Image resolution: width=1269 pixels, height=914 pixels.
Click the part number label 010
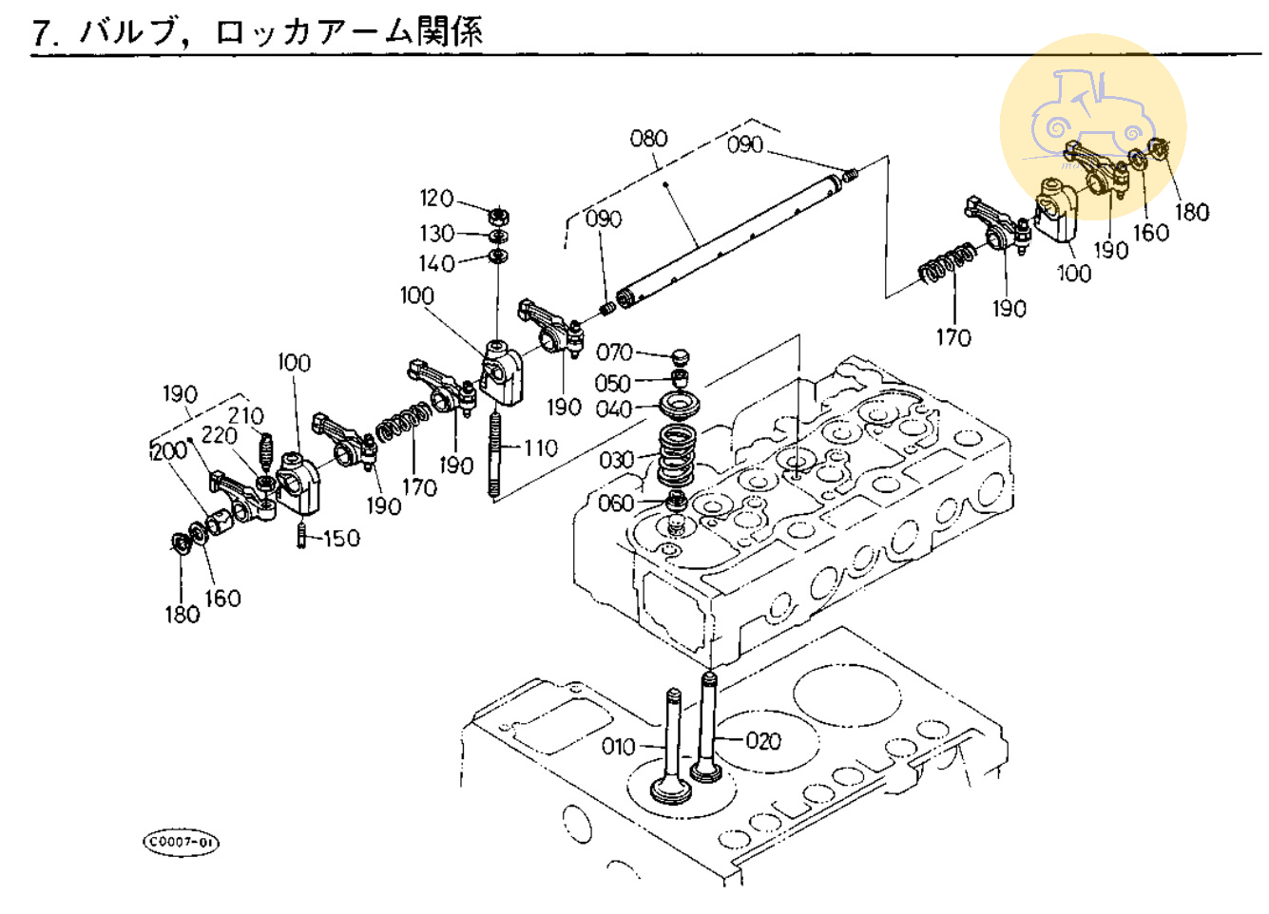point(618,747)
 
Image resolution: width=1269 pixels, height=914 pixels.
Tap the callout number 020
point(762,740)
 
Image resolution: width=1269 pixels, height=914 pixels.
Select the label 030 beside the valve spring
point(616,460)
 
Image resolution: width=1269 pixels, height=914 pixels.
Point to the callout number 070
point(614,352)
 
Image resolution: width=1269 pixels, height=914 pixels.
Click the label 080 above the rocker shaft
point(649,139)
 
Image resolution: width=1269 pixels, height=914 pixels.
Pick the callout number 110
point(540,447)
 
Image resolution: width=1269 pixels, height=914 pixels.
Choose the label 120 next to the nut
point(436,198)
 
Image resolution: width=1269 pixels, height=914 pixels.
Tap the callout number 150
point(341,539)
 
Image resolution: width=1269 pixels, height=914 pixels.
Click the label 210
point(245,415)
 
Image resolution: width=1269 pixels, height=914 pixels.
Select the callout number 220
point(220,435)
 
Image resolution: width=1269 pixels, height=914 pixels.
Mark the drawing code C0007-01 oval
point(181,842)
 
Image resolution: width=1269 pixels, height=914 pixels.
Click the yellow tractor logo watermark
point(1092,127)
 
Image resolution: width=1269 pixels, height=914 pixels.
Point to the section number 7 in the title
point(40,33)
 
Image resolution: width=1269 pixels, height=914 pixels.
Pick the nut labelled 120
point(498,215)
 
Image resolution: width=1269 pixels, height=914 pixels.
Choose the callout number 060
point(615,503)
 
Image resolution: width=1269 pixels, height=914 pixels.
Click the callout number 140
point(436,263)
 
